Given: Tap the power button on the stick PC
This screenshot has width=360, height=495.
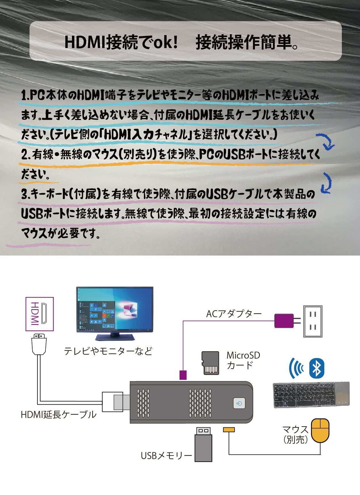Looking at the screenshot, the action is pyautogui.click(x=239, y=403).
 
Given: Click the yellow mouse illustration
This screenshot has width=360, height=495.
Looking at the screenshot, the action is pyautogui.click(x=321, y=431).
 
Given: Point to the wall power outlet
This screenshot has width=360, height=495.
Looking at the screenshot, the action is pyautogui.click(x=313, y=321).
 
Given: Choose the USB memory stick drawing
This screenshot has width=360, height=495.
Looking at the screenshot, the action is pyautogui.click(x=203, y=444).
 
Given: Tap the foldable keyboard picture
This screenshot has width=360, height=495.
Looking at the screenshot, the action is pyautogui.click(x=311, y=395).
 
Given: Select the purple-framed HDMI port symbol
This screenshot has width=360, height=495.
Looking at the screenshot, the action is pyautogui.click(x=40, y=314).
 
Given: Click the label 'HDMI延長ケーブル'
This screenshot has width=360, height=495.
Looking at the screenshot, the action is pyautogui.click(x=59, y=415).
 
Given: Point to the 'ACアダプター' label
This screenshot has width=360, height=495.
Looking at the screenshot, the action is pyautogui.click(x=234, y=313).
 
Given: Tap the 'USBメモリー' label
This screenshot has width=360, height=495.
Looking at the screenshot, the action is pyautogui.click(x=166, y=456).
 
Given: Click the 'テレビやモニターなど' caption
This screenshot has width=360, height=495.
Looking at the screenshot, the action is pyautogui.click(x=108, y=351).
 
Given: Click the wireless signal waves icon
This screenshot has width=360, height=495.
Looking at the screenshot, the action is pyautogui.click(x=296, y=368).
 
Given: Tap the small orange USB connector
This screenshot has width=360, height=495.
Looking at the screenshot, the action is pyautogui.click(x=229, y=430).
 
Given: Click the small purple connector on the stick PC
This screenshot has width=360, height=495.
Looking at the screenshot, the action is pyautogui.click(x=183, y=375).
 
